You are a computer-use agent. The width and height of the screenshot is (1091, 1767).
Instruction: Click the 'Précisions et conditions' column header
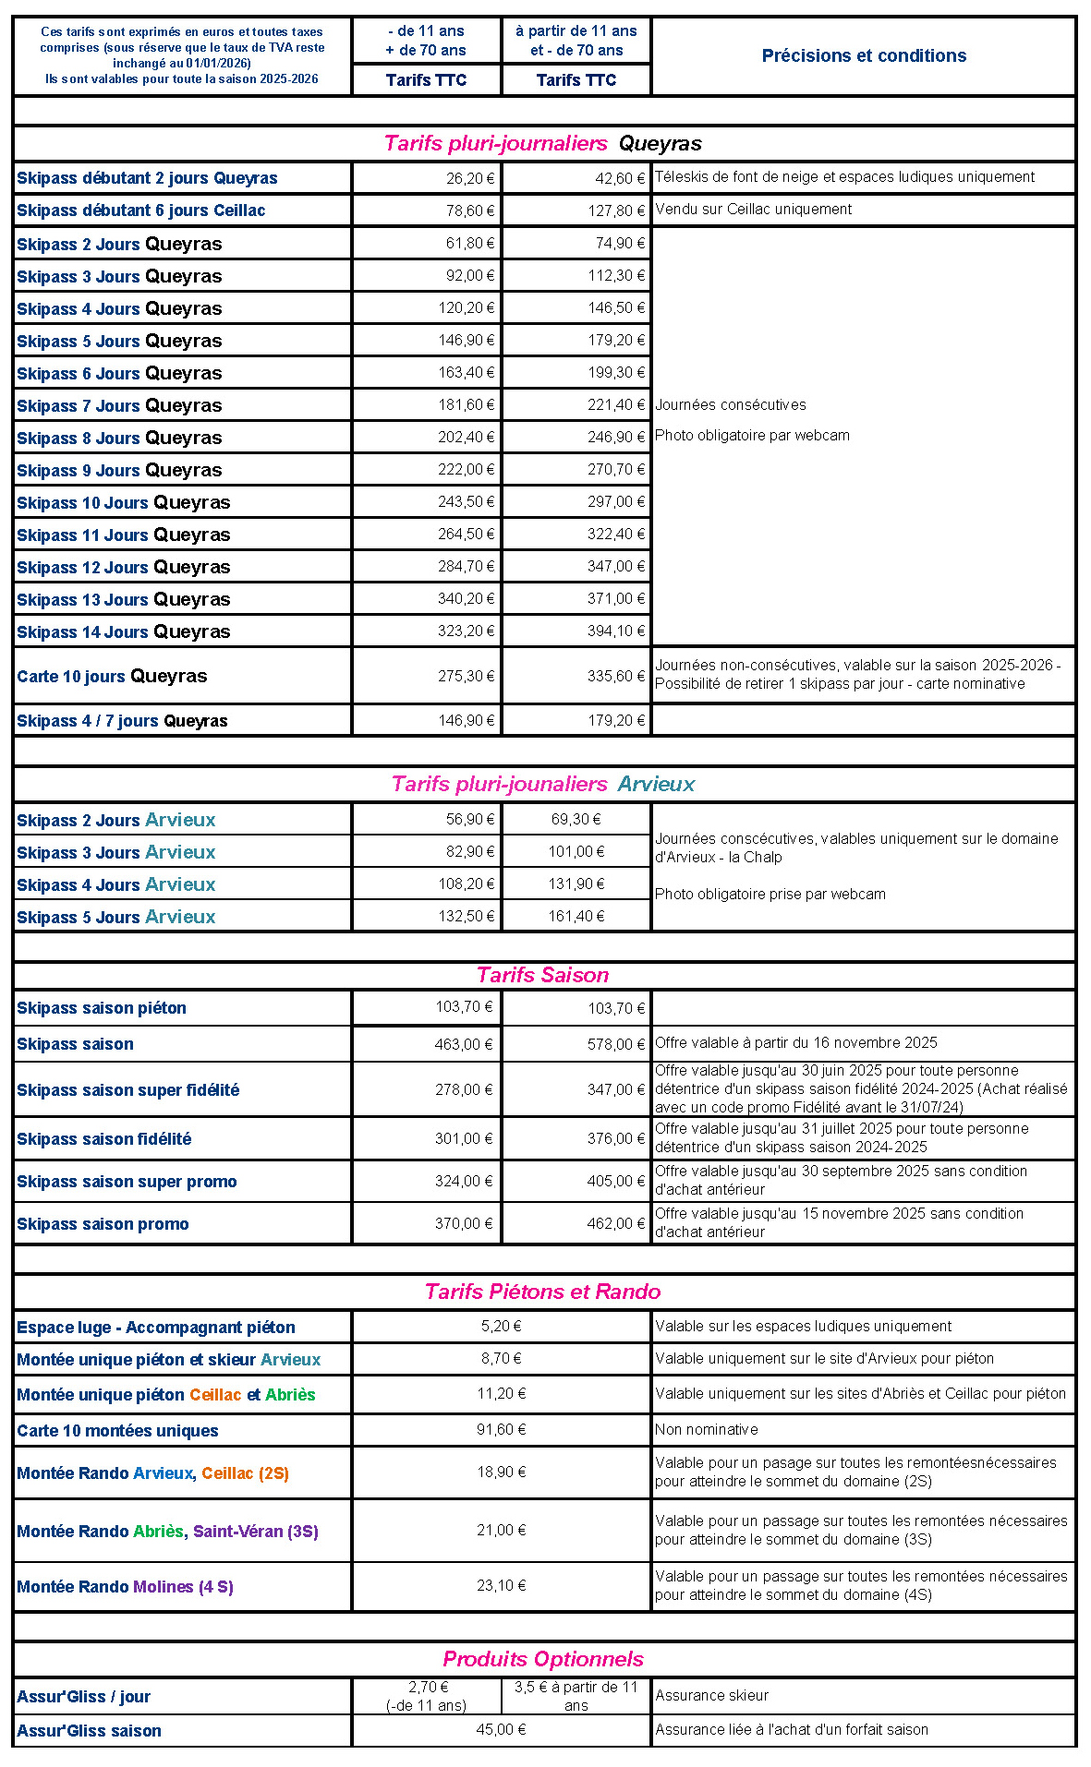(864, 55)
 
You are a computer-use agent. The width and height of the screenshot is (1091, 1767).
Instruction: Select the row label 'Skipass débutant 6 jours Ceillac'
(140, 210)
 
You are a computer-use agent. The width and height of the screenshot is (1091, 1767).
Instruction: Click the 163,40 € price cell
(467, 372)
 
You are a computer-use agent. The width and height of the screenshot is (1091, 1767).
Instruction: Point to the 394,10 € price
(616, 631)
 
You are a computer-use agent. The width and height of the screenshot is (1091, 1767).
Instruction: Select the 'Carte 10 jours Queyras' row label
(112, 676)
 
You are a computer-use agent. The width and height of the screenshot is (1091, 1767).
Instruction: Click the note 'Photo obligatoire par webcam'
(752, 435)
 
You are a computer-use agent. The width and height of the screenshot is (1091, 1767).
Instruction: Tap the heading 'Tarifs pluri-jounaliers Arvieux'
(543, 784)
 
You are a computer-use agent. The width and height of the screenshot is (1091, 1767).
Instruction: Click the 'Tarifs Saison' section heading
(543, 975)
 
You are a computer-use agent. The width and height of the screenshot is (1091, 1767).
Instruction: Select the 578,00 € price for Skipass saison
(616, 1044)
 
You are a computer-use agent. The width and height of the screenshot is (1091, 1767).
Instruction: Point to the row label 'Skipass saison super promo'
(127, 1182)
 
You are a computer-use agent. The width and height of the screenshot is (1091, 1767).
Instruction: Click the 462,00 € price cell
(616, 1223)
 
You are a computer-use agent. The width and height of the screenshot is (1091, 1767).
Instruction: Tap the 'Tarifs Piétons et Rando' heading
(543, 1292)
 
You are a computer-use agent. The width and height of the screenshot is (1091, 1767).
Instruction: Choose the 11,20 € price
(502, 1393)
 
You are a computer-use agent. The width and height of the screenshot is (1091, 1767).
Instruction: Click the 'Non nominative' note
(707, 1429)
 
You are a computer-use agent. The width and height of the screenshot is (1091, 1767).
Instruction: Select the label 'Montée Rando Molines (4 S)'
(125, 1587)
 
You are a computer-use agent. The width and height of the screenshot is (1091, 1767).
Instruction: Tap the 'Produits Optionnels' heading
(543, 1659)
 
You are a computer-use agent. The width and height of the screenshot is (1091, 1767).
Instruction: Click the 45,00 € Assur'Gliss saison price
(502, 1729)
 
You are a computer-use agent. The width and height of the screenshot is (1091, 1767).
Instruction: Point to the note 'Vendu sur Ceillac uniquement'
(754, 210)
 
